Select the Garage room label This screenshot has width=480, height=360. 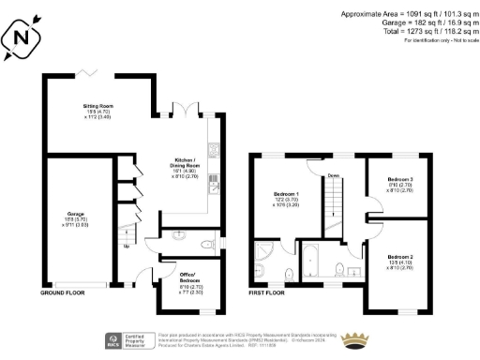(75, 219)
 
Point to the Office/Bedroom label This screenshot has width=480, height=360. (191, 284)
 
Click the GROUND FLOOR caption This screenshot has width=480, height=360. (64, 293)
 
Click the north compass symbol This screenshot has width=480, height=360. (25, 37)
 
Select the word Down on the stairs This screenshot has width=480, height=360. (334, 175)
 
